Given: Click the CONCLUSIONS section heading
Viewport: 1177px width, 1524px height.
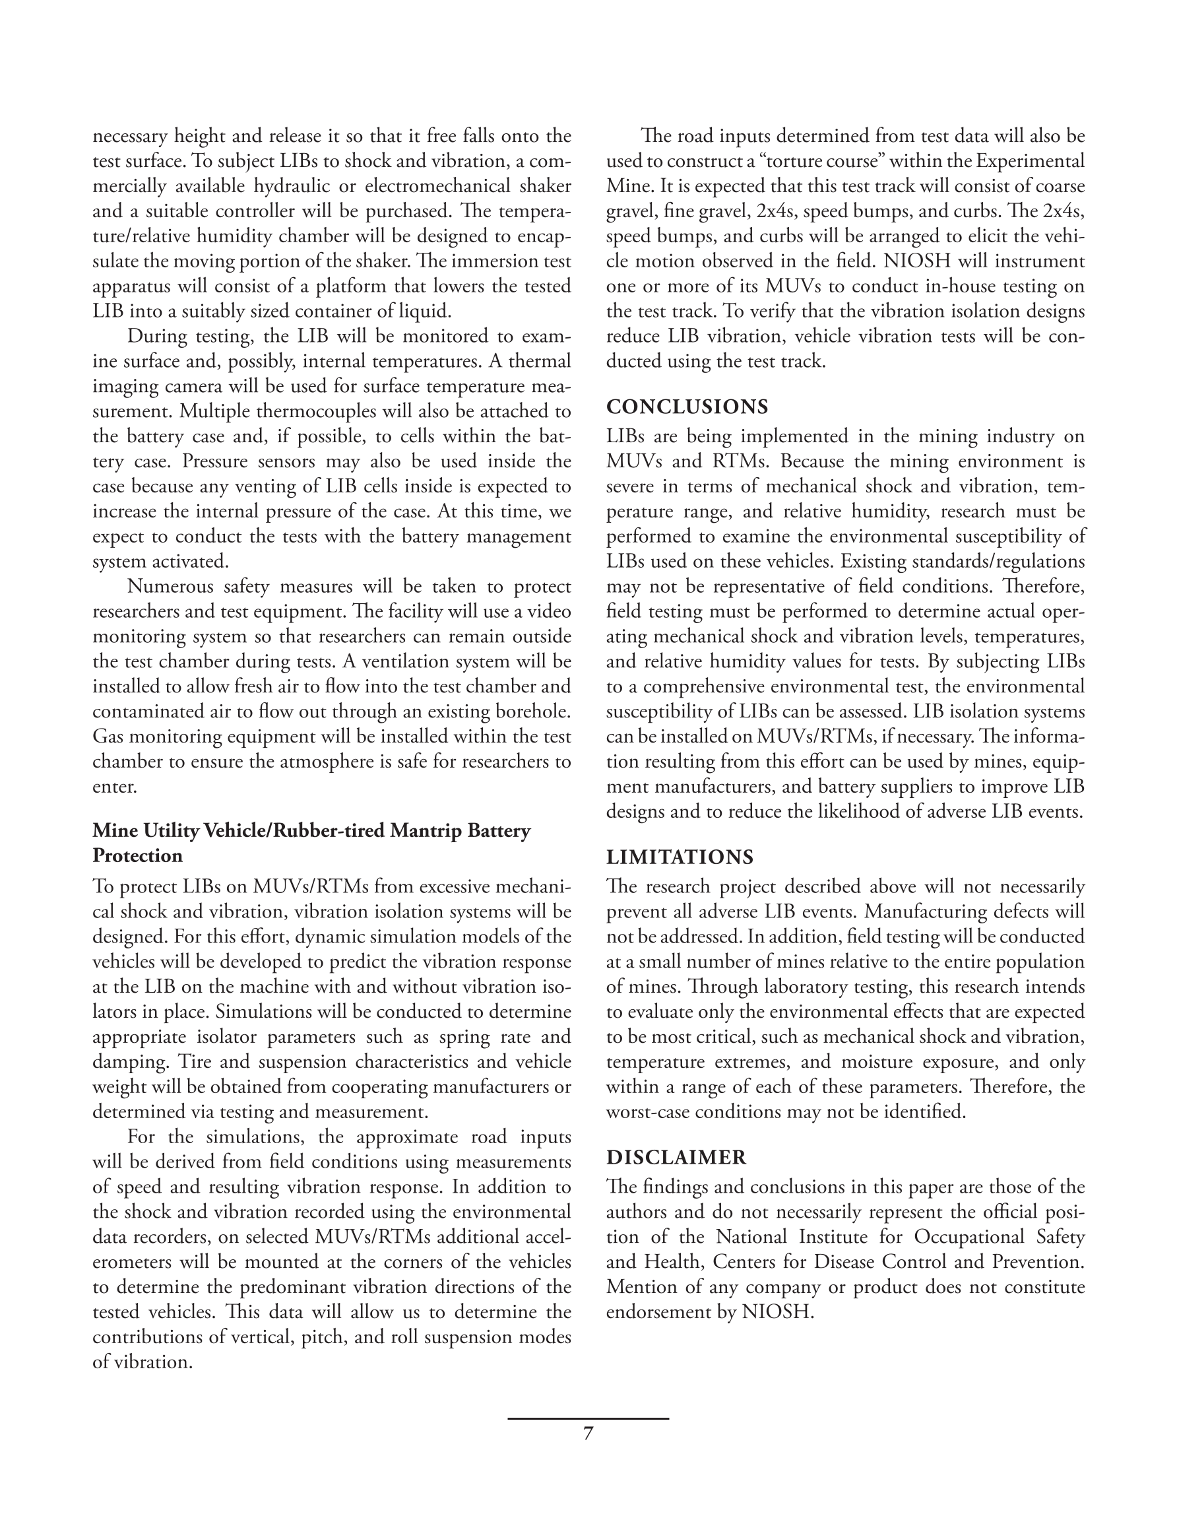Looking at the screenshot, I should [x=687, y=407].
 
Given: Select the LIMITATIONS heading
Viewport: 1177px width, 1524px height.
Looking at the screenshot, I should [x=680, y=857].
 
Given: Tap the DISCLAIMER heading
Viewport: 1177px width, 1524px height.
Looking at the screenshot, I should [x=676, y=1157].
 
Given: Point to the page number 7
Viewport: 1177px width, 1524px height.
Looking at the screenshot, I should [x=587, y=1434].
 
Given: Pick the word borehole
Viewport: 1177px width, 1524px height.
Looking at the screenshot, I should [x=530, y=712].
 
